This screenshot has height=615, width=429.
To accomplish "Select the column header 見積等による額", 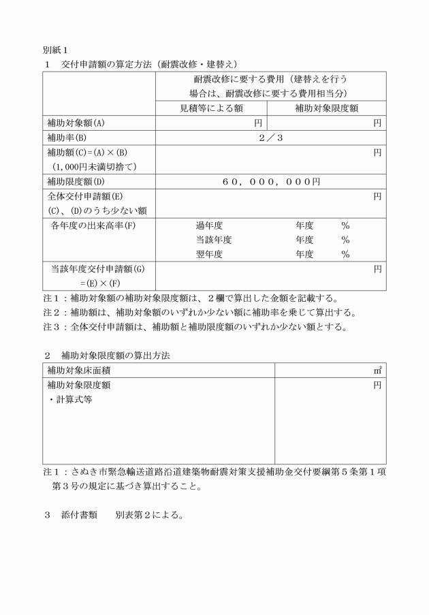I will point(212,108).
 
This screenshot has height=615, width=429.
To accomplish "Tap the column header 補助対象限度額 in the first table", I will point(326,108).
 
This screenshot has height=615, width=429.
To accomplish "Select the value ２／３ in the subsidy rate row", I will point(270,138).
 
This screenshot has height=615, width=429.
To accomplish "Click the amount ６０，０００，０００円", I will point(270,182).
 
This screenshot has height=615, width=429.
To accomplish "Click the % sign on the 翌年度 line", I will point(345,255).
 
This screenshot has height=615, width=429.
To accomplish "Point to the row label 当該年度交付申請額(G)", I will point(98,269).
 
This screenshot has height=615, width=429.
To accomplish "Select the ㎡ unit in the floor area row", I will point(378,370).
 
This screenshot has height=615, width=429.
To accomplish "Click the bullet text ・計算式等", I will point(70,400).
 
